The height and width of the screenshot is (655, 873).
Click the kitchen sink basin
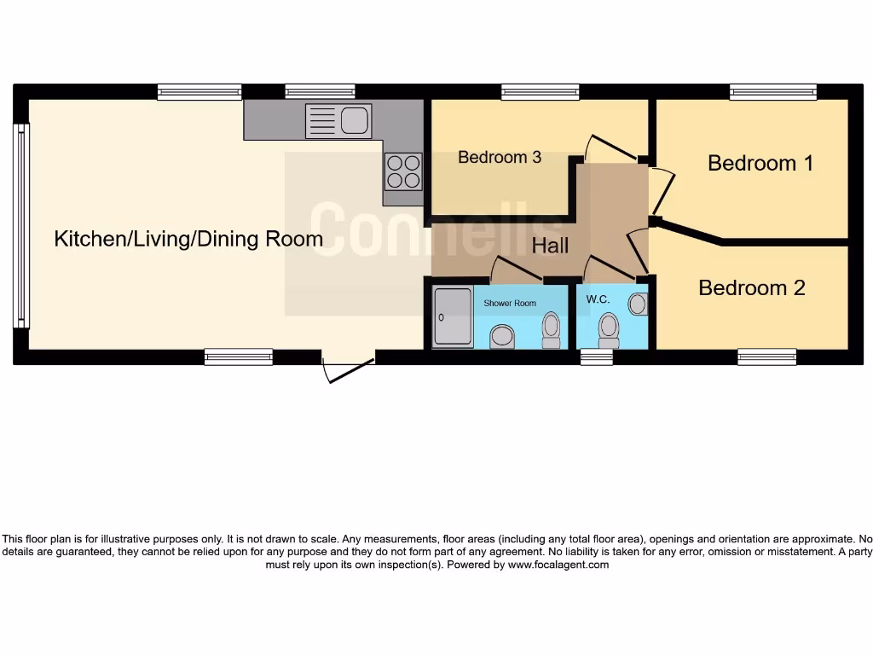[355, 120]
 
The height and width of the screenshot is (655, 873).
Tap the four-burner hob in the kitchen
[403, 170]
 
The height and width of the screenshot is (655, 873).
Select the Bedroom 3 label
[499, 157]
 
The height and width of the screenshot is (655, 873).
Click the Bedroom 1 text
[760, 162]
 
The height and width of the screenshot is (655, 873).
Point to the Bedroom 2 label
[751, 287]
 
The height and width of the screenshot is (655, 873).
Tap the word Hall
[550, 246]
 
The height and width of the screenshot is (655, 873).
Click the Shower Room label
[510, 304]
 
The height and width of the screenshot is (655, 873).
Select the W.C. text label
[598, 299]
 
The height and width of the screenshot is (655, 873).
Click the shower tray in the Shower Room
[452, 317]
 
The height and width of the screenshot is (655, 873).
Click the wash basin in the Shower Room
[503, 336]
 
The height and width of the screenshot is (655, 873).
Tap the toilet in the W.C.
[608, 329]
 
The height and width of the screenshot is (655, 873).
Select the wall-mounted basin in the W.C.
[638, 304]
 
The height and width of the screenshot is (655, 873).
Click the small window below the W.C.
[597, 357]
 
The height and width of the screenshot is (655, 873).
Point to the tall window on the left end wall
[21, 226]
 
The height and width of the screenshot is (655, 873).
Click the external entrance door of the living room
[348, 370]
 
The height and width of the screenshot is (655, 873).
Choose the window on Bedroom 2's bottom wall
[766, 356]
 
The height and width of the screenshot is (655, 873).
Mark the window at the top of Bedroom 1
[772, 92]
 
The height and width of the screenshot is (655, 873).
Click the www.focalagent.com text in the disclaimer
[558, 565]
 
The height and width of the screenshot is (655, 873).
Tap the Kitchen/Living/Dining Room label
[188, 239]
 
